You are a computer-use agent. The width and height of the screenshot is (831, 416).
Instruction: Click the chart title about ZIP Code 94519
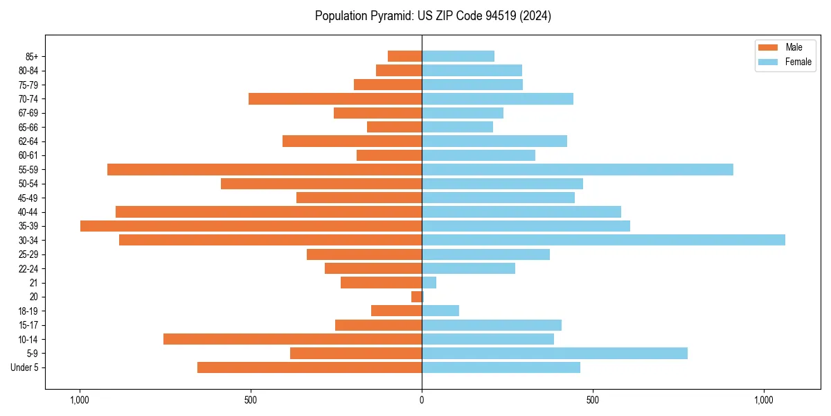(433, 16)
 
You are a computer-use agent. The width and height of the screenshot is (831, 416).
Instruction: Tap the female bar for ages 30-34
(603, 240)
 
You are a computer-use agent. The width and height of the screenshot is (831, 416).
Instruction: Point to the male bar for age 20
(416, 297)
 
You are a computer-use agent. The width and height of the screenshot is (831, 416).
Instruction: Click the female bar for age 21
(429, 282)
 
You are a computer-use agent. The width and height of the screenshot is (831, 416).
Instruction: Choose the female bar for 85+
(458, 56)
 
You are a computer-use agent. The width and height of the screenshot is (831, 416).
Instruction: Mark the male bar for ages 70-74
(335, 98)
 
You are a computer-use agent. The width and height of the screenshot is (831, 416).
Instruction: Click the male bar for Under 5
(310, 367)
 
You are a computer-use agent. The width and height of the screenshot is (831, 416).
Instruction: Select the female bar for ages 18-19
(440, 311)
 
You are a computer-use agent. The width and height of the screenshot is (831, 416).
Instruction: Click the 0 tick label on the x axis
(422, 400)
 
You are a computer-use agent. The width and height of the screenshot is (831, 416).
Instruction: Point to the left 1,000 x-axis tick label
(80, 400)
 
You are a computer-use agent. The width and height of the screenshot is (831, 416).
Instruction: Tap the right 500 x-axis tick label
(592, 400)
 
